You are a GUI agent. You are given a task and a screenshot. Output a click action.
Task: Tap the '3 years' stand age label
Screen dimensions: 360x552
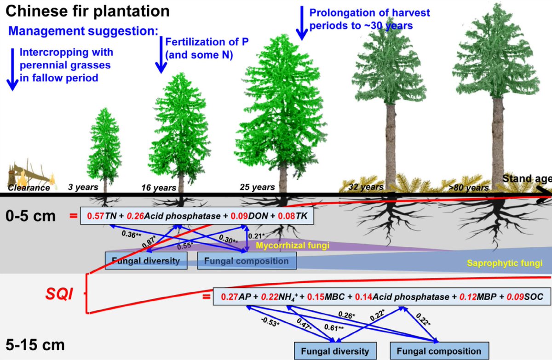[x=83, y=187]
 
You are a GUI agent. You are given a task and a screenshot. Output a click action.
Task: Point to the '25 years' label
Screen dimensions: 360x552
[x=257, y=187]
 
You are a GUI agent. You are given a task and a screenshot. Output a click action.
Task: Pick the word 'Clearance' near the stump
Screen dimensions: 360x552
[x=29, y=188]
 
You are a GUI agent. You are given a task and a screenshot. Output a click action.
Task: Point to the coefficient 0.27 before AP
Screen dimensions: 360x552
[x=230, y=297]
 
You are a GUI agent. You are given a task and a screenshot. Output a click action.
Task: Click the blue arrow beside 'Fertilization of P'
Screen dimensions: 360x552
[x=161, y=55]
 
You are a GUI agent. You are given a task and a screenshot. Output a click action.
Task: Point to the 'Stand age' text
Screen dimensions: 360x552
[x=525, y=179]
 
